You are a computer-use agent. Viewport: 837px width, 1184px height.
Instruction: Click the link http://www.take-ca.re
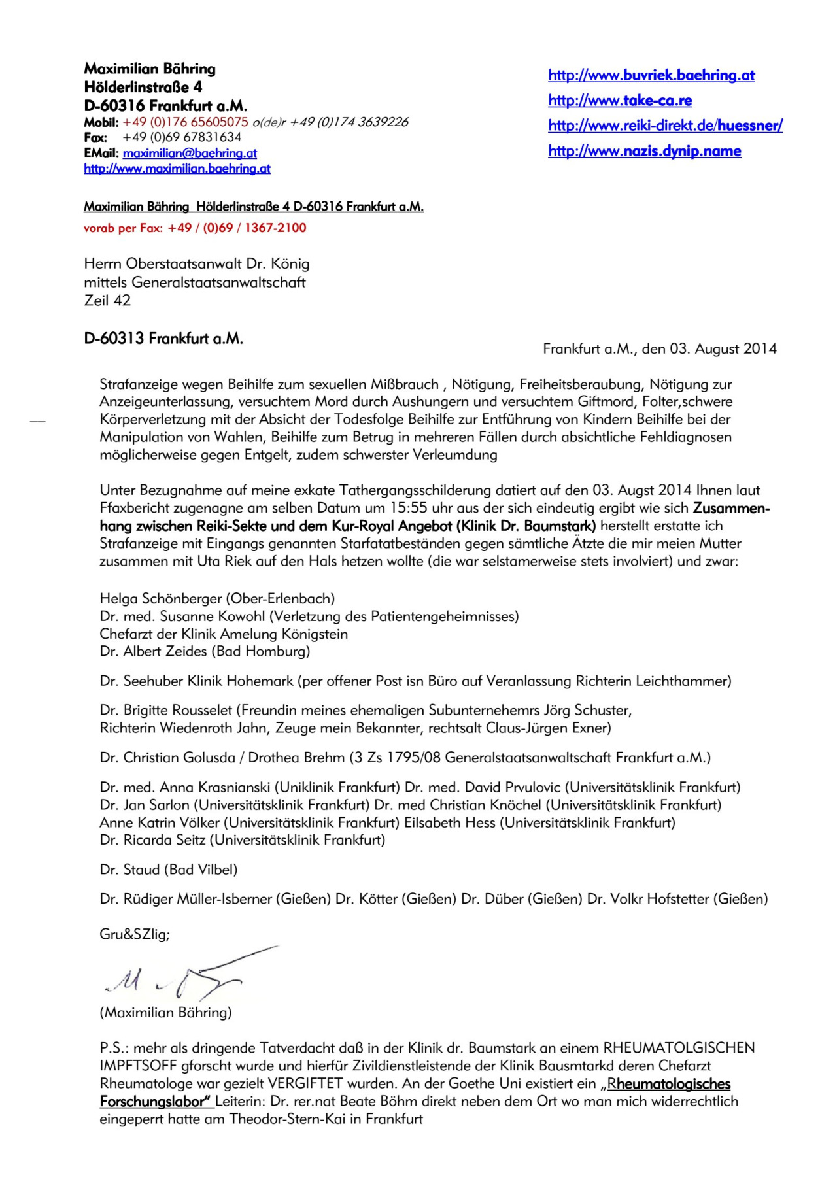pos(619,101)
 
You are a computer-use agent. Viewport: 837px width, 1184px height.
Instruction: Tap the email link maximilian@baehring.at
pos(190,153)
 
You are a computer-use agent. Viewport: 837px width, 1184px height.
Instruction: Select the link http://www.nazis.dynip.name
pos(644,152)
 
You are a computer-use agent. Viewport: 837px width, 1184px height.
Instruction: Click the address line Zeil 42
pos(107,301)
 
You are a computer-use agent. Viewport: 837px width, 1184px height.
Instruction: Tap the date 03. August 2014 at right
pos(722,349)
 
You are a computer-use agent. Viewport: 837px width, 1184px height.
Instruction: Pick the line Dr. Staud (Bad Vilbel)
pos(169,870)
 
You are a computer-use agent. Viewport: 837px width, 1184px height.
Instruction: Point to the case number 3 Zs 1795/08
pos(396,758)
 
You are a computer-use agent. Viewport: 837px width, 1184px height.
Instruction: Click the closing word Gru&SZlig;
pos(134,935)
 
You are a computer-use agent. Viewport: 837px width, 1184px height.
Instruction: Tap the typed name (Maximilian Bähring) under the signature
pos(165,1013)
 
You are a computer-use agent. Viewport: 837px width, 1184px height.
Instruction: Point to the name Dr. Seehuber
pos(141,681)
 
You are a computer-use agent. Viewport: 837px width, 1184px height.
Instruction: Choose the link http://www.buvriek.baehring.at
pos(651,76)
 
